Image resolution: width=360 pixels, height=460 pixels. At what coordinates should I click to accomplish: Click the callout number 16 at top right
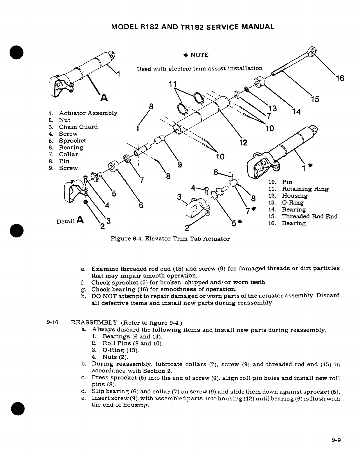[339, 78]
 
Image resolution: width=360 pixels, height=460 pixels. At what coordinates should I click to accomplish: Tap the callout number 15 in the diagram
[315, 99]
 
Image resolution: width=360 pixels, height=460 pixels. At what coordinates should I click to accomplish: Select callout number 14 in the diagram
[296, 112]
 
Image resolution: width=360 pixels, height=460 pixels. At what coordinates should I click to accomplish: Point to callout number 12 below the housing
[243, 142]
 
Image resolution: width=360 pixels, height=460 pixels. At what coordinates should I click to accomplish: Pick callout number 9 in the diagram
[180, 165]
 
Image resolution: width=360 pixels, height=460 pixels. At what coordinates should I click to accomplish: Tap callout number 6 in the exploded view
[141, 205]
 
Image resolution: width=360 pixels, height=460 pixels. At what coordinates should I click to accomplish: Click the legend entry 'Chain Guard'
[78, 127]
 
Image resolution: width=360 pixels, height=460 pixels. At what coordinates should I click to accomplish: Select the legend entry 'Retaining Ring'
[305, 189]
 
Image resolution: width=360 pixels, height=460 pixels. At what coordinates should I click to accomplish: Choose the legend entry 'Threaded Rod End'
[309, 217]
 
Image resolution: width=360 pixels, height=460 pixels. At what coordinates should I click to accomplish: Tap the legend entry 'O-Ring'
[293, 203]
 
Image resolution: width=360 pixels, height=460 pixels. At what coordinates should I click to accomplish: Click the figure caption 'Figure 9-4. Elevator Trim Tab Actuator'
[170, 239]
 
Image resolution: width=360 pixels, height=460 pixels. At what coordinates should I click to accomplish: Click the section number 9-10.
[53, 323]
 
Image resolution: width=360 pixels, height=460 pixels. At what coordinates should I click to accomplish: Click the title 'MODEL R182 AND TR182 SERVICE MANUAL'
[192, 27]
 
